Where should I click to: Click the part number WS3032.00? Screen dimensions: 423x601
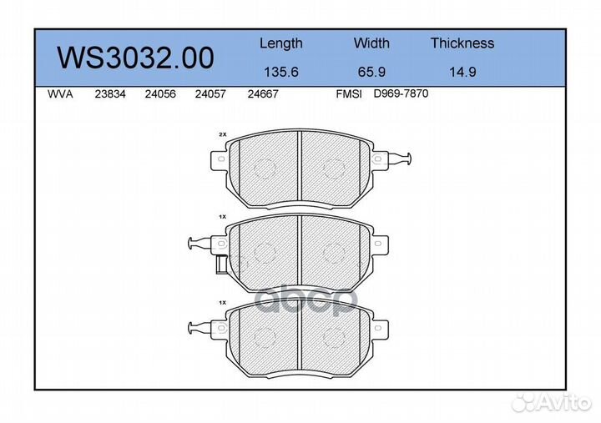click(134, 58)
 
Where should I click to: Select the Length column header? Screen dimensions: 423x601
click(280, 43)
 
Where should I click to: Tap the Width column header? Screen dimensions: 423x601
click(371, 43)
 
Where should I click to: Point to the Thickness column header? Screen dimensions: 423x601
click(462, 43)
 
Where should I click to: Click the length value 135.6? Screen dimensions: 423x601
click(280, 72)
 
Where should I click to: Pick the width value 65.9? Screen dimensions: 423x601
click(371, 72)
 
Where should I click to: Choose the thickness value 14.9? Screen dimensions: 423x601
click(462, 72)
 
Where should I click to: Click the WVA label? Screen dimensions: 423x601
click(61, 94)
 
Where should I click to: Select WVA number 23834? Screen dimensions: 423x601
click(111, 94)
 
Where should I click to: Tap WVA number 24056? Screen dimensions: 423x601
click(159, 94)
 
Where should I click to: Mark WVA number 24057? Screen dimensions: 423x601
click(209, 94)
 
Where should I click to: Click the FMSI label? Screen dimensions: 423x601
click(348, 94)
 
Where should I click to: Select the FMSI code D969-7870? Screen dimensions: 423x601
click(401, 94)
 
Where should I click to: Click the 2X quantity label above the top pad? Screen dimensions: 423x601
click(222, 134)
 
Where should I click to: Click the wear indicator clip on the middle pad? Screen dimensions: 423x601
click(201, 244)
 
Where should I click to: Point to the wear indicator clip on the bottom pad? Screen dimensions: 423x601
click(201, 325)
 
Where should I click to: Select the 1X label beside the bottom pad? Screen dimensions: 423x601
click(222, 300)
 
